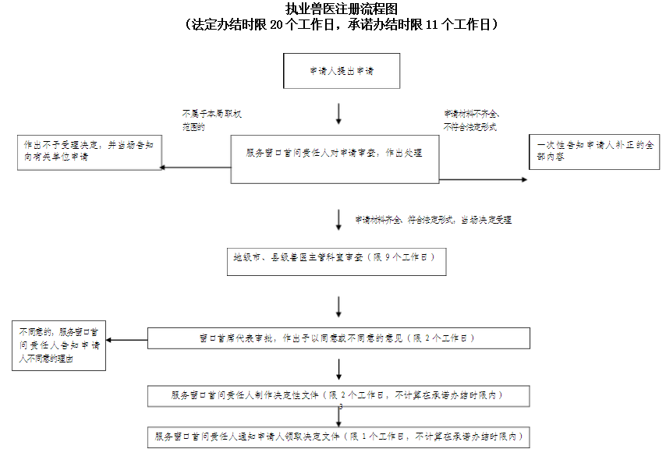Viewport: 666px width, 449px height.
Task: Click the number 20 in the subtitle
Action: pos(278,25)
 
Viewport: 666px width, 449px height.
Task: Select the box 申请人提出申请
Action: pos(341,71)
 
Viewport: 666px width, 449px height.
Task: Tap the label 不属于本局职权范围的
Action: pos(211,120)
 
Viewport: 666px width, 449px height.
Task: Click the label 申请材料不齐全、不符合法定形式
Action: pos(471,120)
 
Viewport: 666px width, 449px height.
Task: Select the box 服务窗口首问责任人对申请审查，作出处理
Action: pos(335,160)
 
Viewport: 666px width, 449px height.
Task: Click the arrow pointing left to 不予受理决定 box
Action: pos(195,166)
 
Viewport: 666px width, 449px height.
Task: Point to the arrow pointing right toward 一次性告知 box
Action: pos(484,180)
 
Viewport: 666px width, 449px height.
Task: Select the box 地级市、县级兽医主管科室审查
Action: pos(335,261)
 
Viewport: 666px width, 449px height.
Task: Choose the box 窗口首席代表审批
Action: pos(337,338)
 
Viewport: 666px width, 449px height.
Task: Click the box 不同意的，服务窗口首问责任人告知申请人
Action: pos(59,345)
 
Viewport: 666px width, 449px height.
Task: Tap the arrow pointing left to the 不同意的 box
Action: pos(126,340)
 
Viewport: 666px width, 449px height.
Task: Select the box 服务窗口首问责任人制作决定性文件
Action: pos(337,395)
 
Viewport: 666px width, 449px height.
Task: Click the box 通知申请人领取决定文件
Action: pos(337,437)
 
